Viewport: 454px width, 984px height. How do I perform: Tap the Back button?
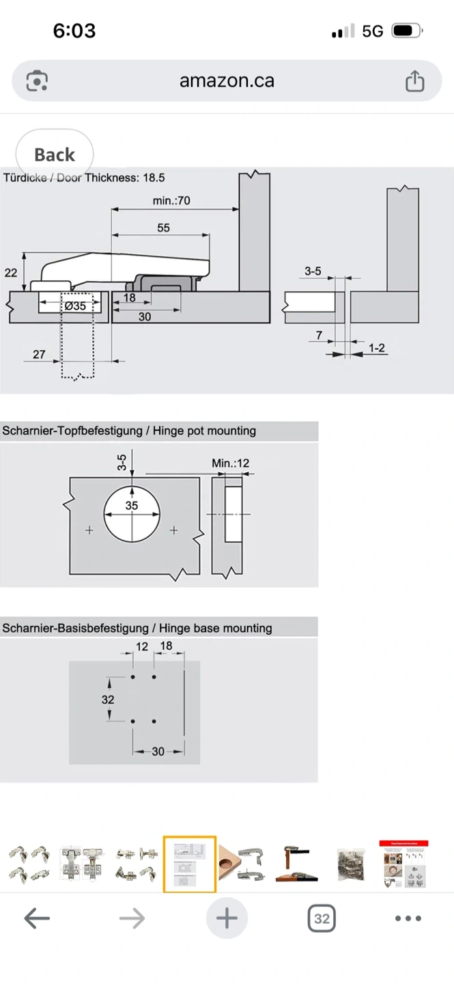click(x=54, y=155)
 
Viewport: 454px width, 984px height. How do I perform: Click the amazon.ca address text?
click(x=227, y=81)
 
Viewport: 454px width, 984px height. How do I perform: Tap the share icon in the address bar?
click(x=414, y=81)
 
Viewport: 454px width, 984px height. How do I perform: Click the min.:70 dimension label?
click(x=171, y=200)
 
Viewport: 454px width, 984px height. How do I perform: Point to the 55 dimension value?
click(x=163, y=228)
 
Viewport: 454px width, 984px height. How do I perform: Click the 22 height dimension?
click(x=11, y=273)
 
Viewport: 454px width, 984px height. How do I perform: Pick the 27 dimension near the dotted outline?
click(x=39, y=355)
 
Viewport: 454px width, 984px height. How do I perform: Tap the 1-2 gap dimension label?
click(x=376, y=348)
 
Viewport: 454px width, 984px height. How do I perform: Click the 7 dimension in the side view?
click(x=319, y=336)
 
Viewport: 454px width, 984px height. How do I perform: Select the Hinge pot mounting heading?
click(x=129, y=431)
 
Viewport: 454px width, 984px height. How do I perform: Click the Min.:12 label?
click(x=230, y=463)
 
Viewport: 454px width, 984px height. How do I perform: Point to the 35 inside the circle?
click(x=132, y=506)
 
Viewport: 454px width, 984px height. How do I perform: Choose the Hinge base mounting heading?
click(x=137, y=628)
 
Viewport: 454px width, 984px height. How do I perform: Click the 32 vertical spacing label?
click(x=107, y=700)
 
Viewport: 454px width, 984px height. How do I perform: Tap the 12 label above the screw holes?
click(x=142, y=646)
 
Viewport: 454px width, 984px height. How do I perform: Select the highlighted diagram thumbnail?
click(x=190, y=864)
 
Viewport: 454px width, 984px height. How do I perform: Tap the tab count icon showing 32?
click(x=322, y=918)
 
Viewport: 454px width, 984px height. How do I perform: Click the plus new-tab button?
click(x=227, y=918)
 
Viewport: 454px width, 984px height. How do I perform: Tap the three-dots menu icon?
click(x=408, y=918)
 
